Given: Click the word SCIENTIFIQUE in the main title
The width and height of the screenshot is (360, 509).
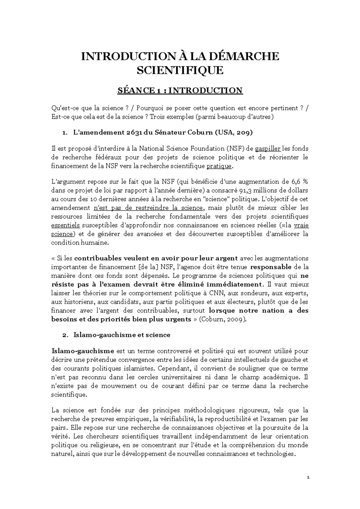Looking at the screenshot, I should [x=180, y=70].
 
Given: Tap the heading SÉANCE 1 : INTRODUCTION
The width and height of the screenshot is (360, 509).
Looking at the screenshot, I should [x=180, y=90].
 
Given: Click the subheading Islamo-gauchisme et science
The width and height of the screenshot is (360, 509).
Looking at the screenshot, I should [x=122, y=335].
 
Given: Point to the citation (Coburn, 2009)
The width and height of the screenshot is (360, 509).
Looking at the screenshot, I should [x=220, y=319].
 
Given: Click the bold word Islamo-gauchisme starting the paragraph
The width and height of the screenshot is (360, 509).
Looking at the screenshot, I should [x=83, y=351].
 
